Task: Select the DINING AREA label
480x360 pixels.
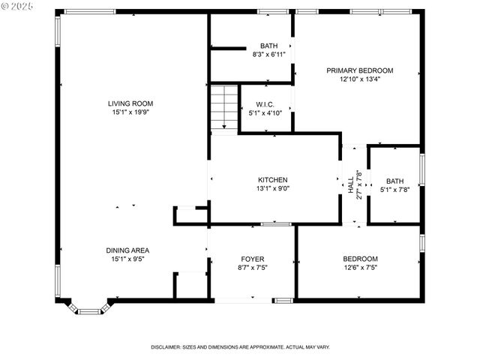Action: pos(127,250)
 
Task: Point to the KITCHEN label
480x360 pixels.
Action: pos(272,180)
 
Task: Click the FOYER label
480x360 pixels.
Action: pos(251,259)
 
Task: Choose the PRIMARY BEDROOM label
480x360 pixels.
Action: pos(359,70)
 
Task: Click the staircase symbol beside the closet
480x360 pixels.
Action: pos(223,108)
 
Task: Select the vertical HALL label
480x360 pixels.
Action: pos(350,184)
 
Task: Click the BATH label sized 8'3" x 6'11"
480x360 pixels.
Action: pos(268,46)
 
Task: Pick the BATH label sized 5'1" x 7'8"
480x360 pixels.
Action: pos(394,181)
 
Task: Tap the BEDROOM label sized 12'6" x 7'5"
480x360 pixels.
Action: pos(360,259)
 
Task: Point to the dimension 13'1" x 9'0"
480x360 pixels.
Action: pos(272,189)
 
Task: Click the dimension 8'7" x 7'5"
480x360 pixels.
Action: pos(251,268)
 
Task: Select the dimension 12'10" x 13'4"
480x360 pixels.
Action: pos(359,79)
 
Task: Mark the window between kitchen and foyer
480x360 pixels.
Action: pos(275,224)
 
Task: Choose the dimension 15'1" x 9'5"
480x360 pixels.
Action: pos(127,259)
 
